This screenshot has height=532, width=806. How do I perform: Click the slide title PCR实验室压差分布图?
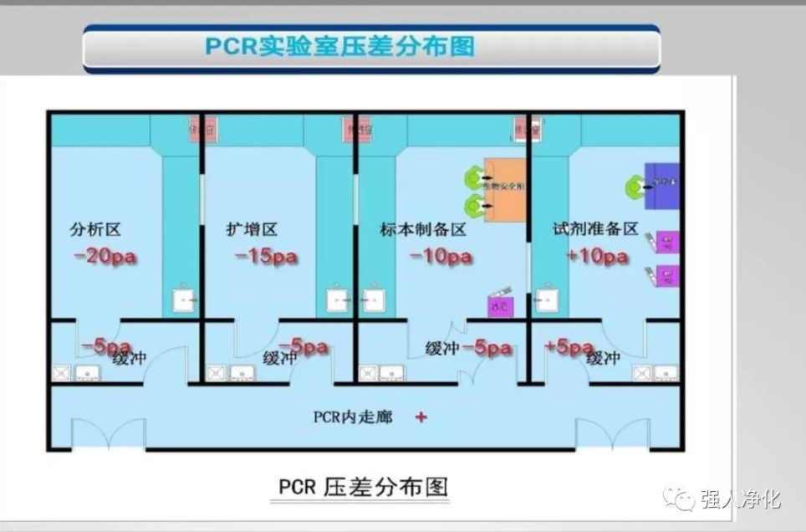click(339, 45)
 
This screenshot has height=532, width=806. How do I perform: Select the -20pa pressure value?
click(105, 257)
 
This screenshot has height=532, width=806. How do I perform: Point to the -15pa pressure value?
click(267, 257)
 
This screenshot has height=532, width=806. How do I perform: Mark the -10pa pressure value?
click(441, 257)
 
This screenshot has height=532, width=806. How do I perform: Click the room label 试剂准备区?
click(595, 228)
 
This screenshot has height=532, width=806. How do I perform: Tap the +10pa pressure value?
click(597, 256)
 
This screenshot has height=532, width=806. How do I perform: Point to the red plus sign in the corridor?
click(421, 416)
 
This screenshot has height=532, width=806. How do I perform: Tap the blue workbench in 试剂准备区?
click(663, 186)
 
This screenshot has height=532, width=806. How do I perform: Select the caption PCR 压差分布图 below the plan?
click(363, 487)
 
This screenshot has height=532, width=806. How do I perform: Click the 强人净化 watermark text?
click(739, 499)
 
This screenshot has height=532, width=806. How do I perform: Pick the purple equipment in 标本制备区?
click(500, 307)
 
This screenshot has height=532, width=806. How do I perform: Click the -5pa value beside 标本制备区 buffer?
click(487, 349)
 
